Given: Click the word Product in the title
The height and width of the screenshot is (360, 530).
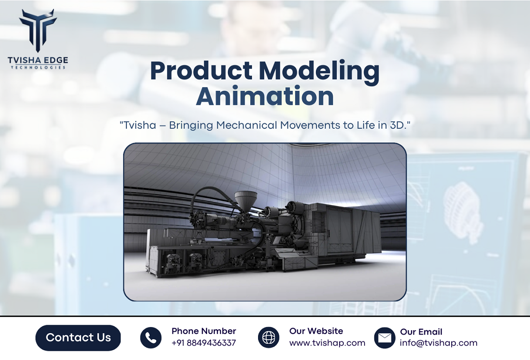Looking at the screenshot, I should (x=201, y=71).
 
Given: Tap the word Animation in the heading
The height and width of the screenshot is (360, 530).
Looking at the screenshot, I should (x=265, y=96).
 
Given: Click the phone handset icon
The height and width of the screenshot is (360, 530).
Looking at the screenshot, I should (x=151, y=338).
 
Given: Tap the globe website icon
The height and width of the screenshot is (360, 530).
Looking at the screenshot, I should (x=269, y=337).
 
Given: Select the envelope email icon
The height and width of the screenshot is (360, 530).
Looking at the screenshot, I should (x=385, y=338).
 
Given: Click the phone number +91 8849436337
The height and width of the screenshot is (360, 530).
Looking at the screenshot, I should (x=203, y=343).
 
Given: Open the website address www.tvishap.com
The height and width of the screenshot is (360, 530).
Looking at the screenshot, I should (x=327, y=343).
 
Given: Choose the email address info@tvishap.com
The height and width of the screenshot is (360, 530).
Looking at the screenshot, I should (x=438, y=343).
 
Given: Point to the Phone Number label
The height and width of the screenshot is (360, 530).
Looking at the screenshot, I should (x=203, y=331).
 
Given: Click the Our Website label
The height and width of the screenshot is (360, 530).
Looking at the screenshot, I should (x=316, y=331).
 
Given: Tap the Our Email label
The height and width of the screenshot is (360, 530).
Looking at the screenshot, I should (x=421, y=332).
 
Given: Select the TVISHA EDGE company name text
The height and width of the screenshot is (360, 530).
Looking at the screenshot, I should (x=38, y=60).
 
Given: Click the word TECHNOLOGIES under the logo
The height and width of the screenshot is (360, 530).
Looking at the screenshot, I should (x=38, y=68).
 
